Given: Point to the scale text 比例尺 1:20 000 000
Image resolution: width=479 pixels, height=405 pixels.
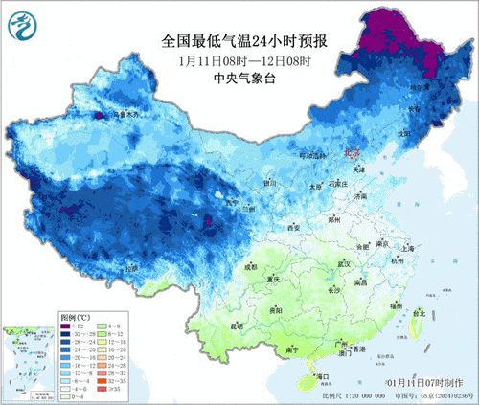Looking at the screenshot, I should coord(355,394).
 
